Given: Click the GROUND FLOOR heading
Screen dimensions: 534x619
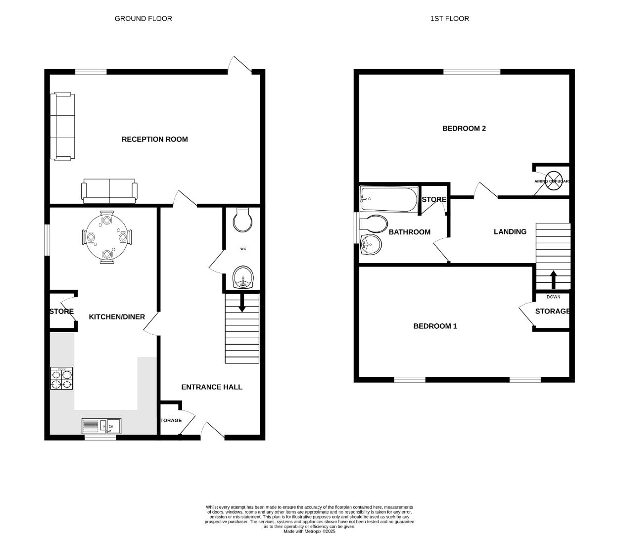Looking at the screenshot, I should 143,18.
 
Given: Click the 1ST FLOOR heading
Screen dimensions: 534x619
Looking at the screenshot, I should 449,18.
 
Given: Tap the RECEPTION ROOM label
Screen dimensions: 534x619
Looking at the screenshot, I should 154,139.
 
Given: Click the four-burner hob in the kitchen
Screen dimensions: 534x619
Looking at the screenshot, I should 62,379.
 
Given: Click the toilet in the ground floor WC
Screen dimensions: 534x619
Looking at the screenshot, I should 242,220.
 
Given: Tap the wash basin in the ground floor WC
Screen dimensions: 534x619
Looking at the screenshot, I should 242,278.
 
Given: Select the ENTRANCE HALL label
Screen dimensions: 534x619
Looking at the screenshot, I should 212,387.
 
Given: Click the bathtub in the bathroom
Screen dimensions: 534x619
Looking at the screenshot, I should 389,199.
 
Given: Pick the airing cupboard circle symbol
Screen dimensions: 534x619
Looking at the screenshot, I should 554,178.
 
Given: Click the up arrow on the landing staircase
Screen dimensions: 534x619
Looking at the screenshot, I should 553,279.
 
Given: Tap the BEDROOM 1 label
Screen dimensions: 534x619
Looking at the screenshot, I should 435,326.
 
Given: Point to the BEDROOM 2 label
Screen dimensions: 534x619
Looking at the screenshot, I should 464,129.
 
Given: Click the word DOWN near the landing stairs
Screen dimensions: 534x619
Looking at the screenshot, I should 553,297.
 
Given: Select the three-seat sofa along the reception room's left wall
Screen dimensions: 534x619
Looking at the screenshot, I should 63,126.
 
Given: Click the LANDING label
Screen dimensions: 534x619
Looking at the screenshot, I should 510,231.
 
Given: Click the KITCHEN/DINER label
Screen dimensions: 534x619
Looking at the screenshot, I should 117,316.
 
